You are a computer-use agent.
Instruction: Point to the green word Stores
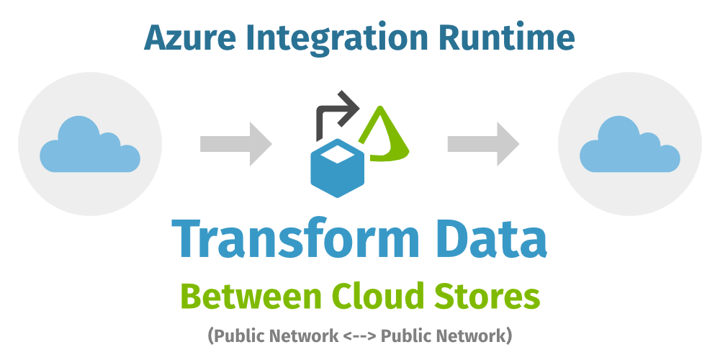tap(490, 296)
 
